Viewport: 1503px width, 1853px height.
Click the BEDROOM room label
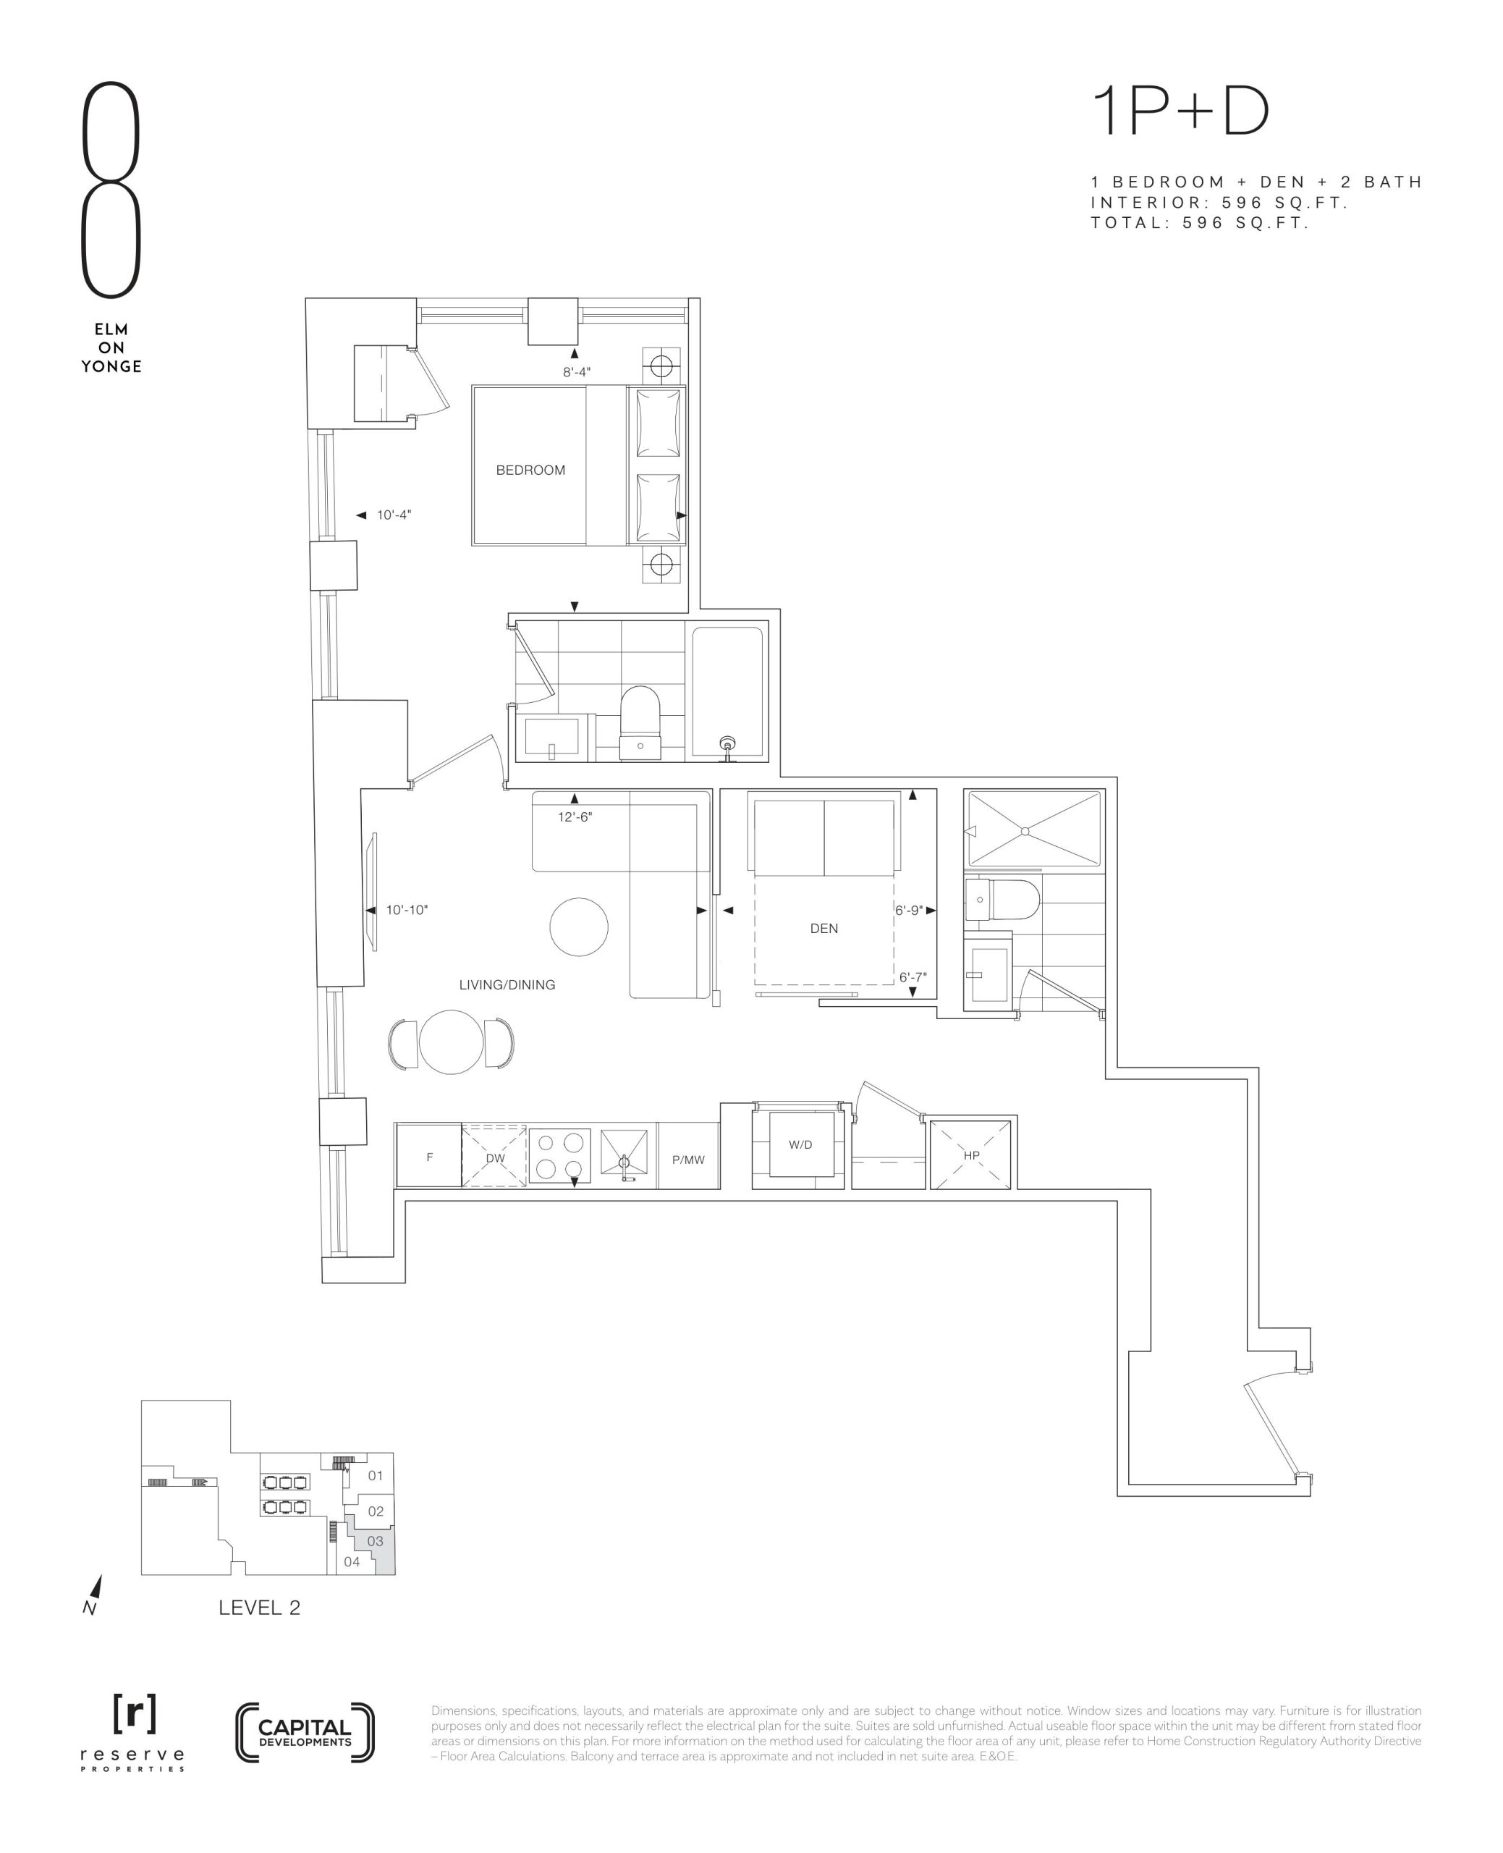[530, 470]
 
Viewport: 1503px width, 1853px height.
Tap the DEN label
[824, 928]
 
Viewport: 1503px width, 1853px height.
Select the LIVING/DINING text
[507, 984]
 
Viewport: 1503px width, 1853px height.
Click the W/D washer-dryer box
[801, 1144]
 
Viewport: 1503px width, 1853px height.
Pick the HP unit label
[970, 1155]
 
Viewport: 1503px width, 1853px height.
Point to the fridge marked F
[428, 1155]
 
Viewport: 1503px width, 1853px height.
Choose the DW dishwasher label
[494, 1157]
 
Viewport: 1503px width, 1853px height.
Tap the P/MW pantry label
[688, 1160]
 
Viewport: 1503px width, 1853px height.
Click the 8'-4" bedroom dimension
[577, 372]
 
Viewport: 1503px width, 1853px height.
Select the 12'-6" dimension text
[575, 816]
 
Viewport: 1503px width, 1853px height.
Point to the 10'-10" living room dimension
[407, 910]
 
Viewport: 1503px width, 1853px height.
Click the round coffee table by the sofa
[578, 926]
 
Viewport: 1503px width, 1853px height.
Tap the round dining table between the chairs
[451, 1042]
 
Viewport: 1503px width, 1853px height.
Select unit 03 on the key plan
[375, 1541]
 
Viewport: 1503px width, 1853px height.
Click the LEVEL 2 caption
[259, 1608]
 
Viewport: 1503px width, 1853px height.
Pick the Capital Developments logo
[305, 1733]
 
